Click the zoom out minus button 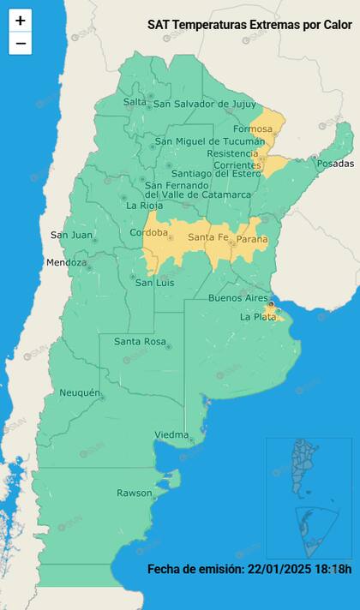point(21,44)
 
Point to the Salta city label point(135,102)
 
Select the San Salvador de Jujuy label point(204,105)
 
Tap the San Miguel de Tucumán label point(210,141)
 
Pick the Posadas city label point(334,164)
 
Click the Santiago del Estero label point(208,174)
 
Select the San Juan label point(70,235)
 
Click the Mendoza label point(66,263)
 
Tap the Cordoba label point(148,234)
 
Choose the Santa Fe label point(207,237)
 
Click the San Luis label point(156,283)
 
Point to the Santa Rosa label point(139,342)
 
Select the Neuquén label point(81,393)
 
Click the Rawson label point(133,493)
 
